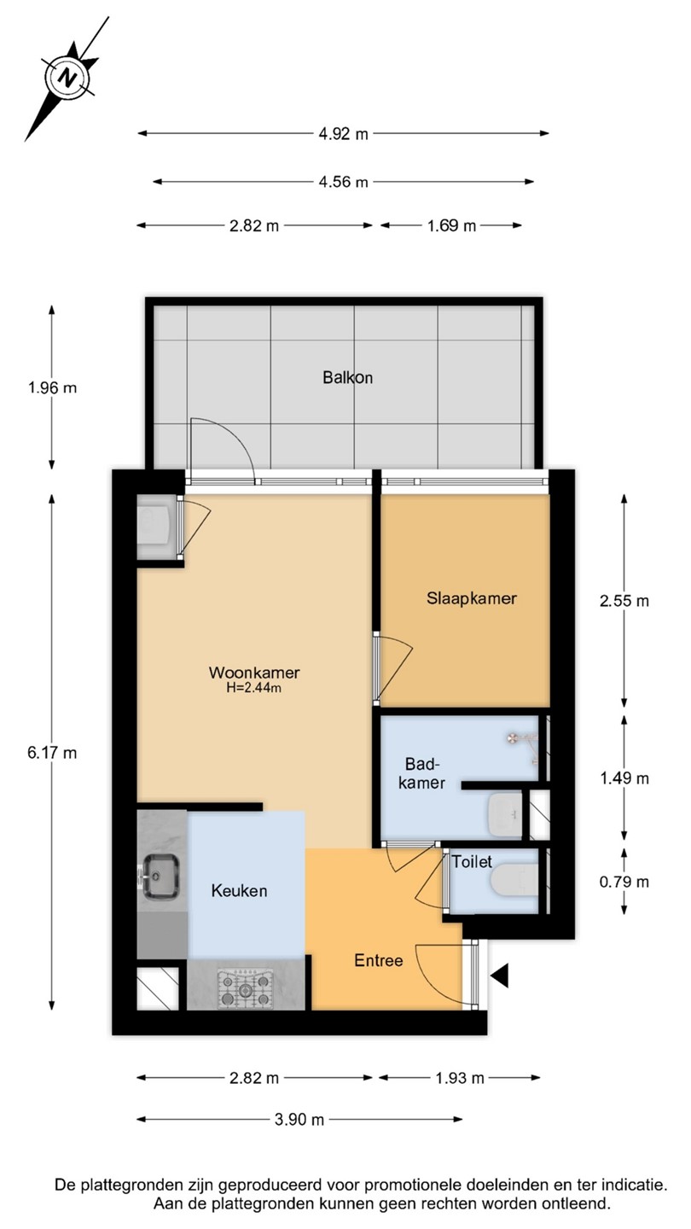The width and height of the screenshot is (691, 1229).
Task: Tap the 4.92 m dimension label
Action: click(x=343, y=133)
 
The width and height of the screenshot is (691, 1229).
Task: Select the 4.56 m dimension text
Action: click(x=343, y=182)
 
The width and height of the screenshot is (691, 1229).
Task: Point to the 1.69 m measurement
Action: click(x=452, y=225)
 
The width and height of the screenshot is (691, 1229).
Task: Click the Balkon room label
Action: click(x=348, y=377)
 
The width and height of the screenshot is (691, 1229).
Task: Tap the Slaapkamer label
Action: click(x=472, y=598)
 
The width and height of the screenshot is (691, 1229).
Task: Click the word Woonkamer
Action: click(x=254, y=673)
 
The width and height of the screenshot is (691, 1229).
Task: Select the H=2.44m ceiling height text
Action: click(x=254, y=688)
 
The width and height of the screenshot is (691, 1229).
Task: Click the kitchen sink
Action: click(x=161, y=877)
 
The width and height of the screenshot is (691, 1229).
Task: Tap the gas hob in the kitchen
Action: click(x=245, y=988)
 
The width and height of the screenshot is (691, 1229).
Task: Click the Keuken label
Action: click(x=239, y=890)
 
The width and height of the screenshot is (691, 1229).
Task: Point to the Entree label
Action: click(x=379, y=960)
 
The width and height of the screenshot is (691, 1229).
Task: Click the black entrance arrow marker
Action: click(x=500, y=976)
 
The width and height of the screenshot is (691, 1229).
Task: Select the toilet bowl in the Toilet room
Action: click(x=514, y=881)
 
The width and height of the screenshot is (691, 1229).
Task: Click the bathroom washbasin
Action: click(x=505, y=814)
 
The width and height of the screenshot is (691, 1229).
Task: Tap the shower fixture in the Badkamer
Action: click(x=523, y=745)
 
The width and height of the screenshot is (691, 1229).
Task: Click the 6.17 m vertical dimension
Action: click(x=52, y=753)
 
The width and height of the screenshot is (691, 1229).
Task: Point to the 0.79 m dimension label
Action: click(x=624, y=882)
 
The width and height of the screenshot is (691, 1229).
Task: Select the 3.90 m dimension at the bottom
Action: click(x=299, y=1119)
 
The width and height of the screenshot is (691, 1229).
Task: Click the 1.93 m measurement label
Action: click(x=460, y=1079)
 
